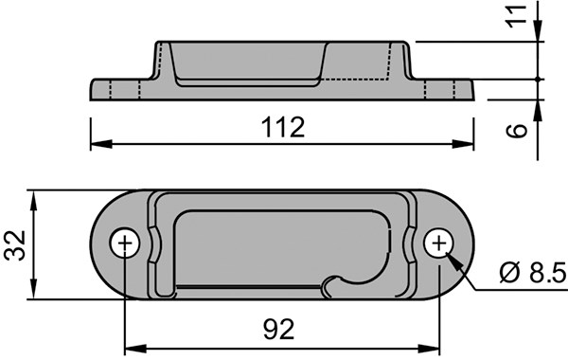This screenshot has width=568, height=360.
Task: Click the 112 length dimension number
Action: point(283,127)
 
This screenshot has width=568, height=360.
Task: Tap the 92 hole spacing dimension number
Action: point(278,329)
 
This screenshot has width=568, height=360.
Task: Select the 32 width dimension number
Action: point(15,245)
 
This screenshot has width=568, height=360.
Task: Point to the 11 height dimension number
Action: point(516,16)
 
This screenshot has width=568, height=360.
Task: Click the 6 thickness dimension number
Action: point(516,130)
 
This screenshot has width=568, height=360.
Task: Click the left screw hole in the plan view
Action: point(125,243)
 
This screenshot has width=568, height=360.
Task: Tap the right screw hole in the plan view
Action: point(439,243)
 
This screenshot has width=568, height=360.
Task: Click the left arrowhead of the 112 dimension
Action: point(101,144)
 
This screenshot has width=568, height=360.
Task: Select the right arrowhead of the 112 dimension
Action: point(463,144)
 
